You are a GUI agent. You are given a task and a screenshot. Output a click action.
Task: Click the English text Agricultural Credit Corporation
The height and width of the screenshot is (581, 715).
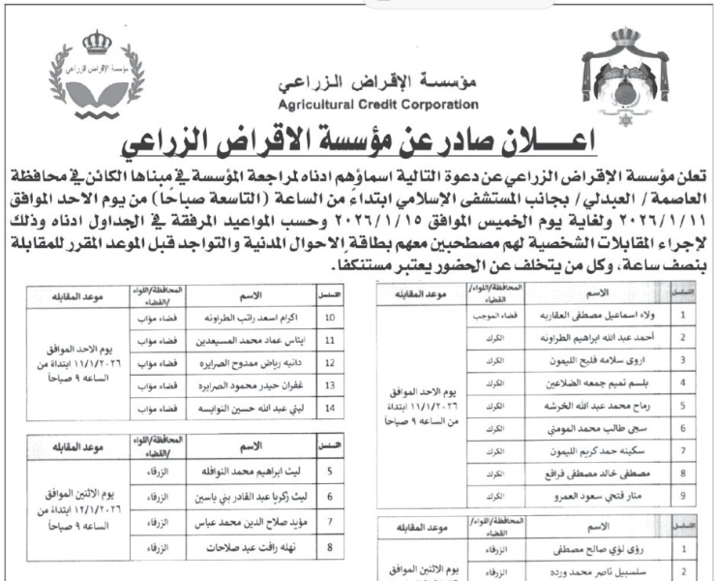[x=376, y=104]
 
